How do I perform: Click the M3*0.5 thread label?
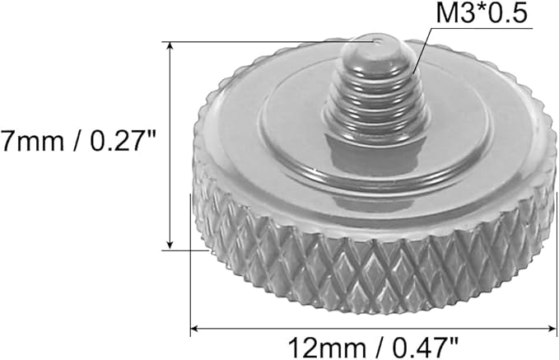tap(482, 13)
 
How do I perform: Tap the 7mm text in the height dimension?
tap(32, 140)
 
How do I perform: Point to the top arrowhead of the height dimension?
tap(170, 46)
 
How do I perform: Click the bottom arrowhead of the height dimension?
tap(170, 245)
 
